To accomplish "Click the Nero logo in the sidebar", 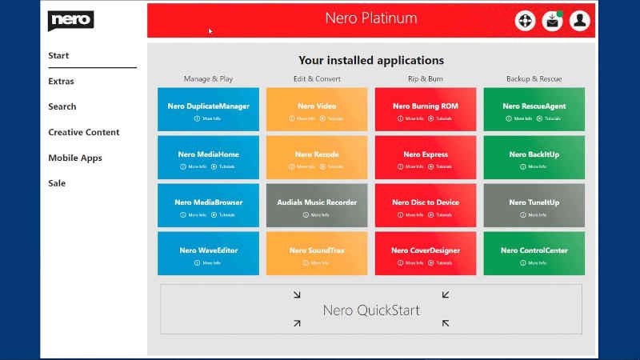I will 71,19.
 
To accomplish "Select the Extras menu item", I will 61,81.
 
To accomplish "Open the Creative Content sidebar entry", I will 84,132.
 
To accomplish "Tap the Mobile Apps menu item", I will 74,158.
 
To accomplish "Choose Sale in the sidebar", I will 57,183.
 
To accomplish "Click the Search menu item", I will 62,106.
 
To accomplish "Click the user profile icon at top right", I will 579,21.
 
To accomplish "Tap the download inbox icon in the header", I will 552,21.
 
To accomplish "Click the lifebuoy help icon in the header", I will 525,21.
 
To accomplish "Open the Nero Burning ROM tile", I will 425,106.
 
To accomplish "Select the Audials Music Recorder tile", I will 317,202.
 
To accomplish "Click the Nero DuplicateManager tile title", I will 208,106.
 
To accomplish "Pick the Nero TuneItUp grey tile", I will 534,202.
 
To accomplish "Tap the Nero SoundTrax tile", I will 317,251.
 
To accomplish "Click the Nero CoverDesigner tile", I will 425,250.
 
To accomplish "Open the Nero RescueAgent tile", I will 534,106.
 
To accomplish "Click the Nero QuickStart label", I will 370,310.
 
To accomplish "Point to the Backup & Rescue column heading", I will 534,78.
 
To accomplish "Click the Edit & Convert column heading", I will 316,78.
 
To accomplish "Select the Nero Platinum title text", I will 370,18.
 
